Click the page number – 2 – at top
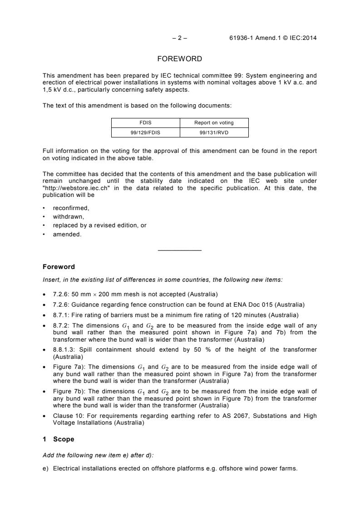[x=180, y=38]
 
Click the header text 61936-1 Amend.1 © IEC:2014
[x=273, y=38]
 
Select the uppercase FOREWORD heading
[x=180, y=59]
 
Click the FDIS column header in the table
[x=146, y=122]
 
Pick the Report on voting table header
[x=214, y=122]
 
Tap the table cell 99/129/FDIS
[x=146, y=132]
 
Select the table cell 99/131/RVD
[x=214, y=132]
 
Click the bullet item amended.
[x=67, y=234]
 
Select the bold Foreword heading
[x=59, y=267]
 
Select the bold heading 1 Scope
[x=59, y=439]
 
